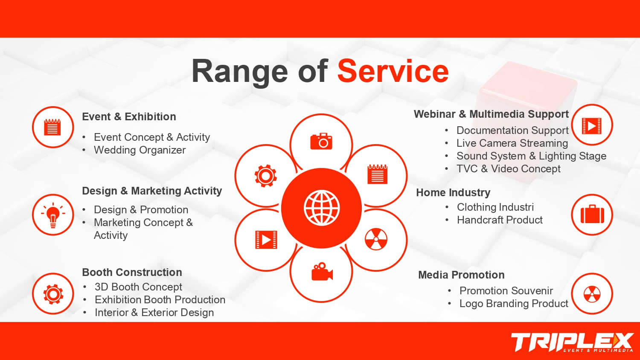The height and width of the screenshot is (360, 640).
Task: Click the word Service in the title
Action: (x=393, y=71)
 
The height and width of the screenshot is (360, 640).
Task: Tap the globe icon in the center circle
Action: (x=322, y=208)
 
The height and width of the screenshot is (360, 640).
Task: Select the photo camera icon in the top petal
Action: (x=321, y=141)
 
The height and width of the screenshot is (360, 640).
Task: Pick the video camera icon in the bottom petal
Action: (x=322, y=271)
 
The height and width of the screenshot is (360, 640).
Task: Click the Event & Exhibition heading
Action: (x=129, y=116)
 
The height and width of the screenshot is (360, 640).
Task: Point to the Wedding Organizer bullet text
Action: (x=140, y=150)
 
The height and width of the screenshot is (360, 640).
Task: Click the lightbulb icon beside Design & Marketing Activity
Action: (x=53, y=215)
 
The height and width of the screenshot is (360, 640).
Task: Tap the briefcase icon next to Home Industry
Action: (x=592, y=214)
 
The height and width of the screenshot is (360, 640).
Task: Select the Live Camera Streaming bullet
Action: (x=512, y=143)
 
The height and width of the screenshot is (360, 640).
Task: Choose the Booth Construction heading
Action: (x=132, y=272)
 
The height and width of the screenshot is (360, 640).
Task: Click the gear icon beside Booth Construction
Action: (x=53, y=294)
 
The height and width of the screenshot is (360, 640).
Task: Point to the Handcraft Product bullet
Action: (x=500, y=220)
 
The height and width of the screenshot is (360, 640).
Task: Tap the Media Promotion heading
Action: (x=461, y=275)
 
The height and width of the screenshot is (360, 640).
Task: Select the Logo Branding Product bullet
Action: (x=514, y=303)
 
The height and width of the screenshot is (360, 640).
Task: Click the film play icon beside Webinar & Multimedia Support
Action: (x=592, y=126)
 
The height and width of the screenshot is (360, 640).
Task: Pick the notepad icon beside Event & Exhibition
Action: (x=52, y=127)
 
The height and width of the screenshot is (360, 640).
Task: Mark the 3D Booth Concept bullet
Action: (x=138, y=287)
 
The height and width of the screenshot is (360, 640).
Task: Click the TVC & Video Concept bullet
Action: (x=509, y=169)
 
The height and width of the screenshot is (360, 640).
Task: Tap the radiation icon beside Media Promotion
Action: (x=592, y=294)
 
